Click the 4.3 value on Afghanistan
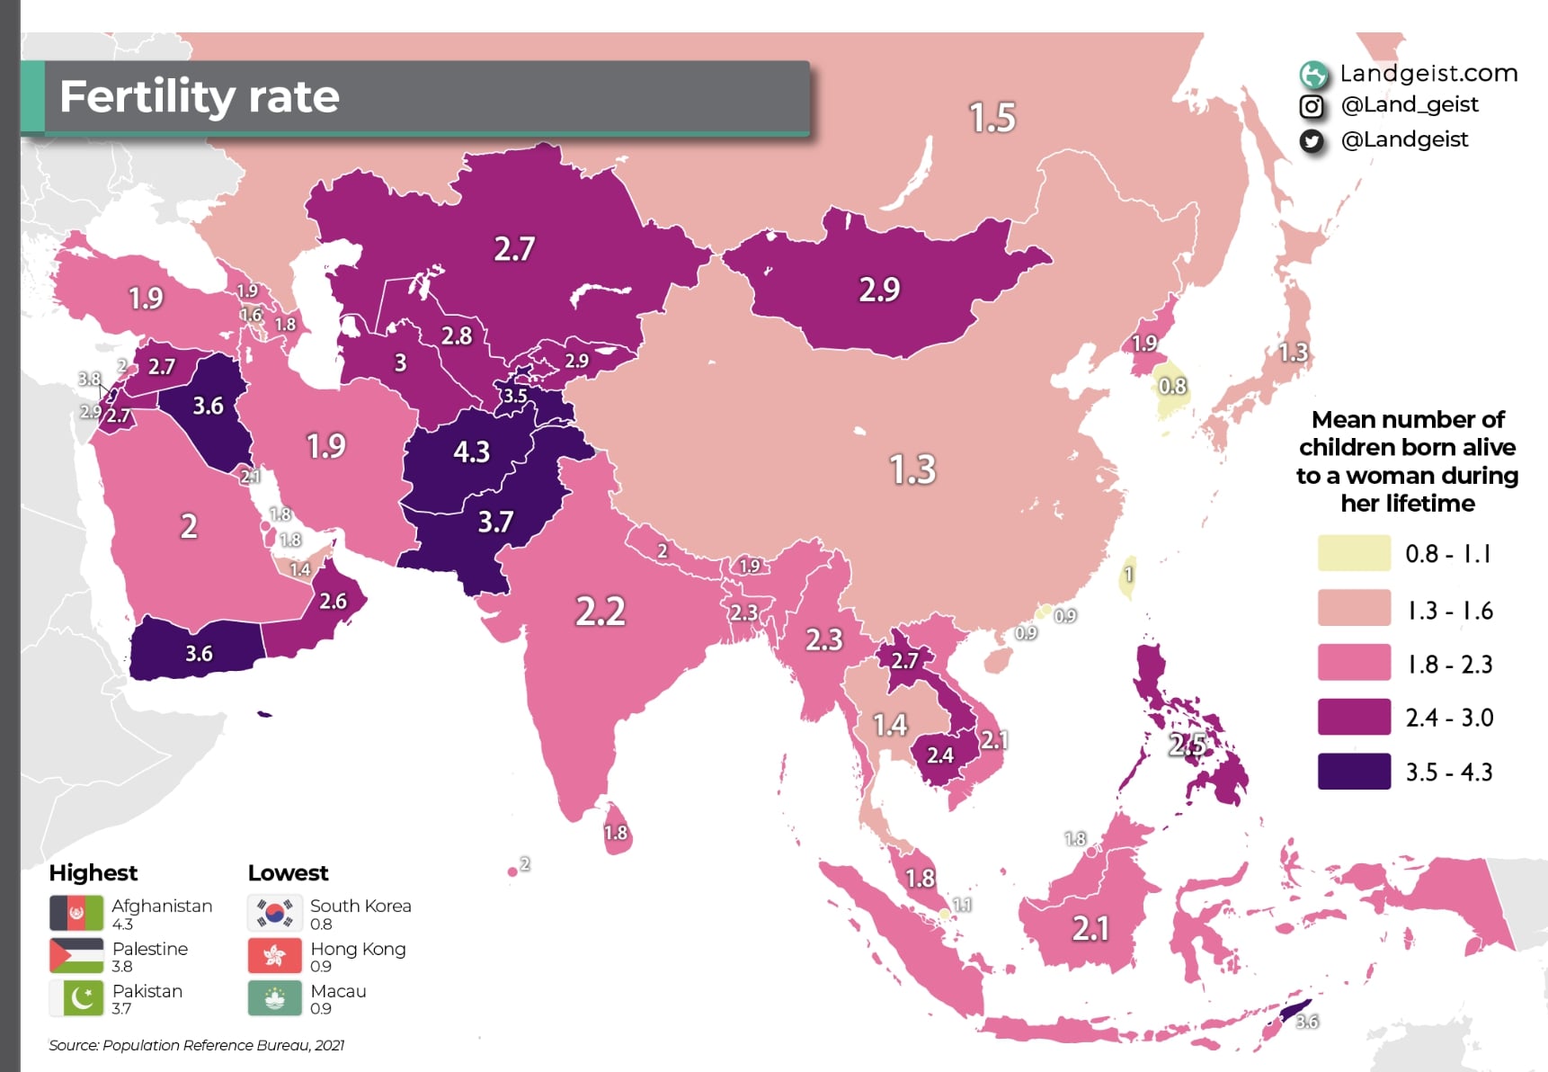point(471,451)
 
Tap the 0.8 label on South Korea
point(1172,387)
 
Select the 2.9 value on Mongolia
point(878,290)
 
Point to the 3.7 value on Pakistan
point(495,522)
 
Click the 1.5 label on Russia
point(992,118)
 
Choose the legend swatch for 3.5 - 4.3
point(1353,772)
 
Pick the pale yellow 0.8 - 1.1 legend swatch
point(1353,553)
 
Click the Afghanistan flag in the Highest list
point(76,913)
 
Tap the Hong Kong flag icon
point(274,956)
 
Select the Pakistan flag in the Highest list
point(76,998)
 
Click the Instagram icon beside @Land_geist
point(1312,107)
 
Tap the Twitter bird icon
point(1312,141)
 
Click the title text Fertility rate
point(199,96)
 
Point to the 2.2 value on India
point(600,612)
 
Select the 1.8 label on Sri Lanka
point(616,833)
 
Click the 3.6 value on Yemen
point(199,654)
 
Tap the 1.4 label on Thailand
point(890,725)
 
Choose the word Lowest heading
point(288,873)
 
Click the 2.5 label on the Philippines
point(1188,744)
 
